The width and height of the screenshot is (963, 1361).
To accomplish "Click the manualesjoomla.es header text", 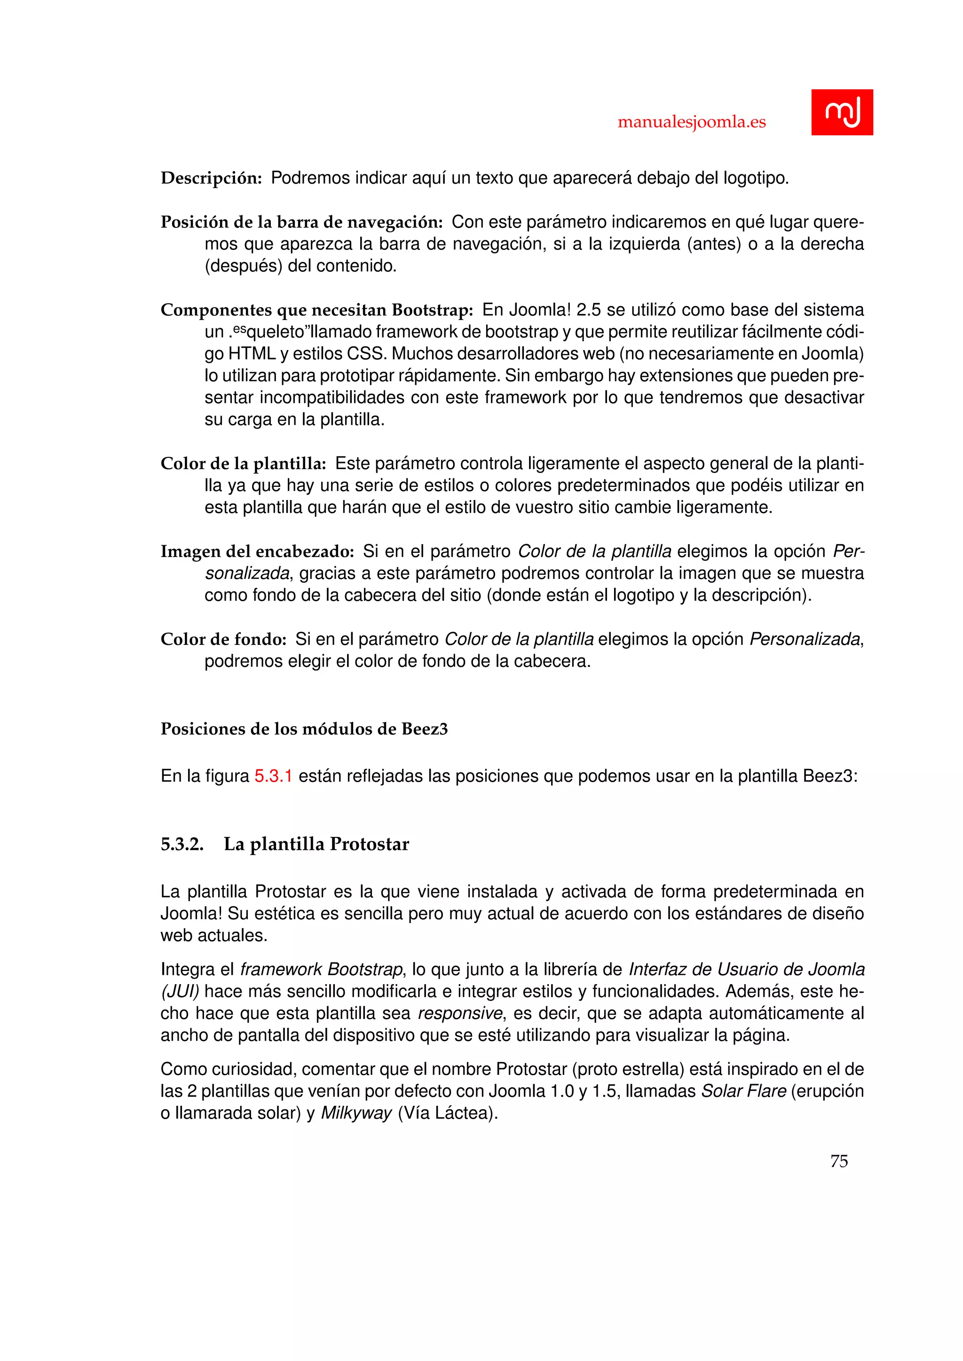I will (691, 122).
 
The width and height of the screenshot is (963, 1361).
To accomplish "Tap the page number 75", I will (839, 1161).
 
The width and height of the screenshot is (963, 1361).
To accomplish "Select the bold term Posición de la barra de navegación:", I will (302, 222).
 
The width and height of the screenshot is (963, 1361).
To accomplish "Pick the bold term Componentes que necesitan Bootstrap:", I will (316, 310).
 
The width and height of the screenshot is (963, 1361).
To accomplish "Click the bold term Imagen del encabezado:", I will (257, 551).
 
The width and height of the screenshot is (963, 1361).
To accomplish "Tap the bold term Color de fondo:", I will (223, 639).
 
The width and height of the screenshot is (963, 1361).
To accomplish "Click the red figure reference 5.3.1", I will (273, 776).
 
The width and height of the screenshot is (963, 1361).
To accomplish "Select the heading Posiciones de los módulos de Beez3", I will (304, 728).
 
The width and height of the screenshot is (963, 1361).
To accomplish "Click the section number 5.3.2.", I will (182, 844).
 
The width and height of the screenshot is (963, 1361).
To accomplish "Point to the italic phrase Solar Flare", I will (743, 1091).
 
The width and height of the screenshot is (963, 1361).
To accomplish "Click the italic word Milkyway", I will (356, 1113).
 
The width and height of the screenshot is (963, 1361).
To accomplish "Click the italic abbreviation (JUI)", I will (180, 991).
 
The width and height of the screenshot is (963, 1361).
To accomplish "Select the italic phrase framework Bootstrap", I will (322, 969).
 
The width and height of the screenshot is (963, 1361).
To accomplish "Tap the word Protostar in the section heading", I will (370, 844).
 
